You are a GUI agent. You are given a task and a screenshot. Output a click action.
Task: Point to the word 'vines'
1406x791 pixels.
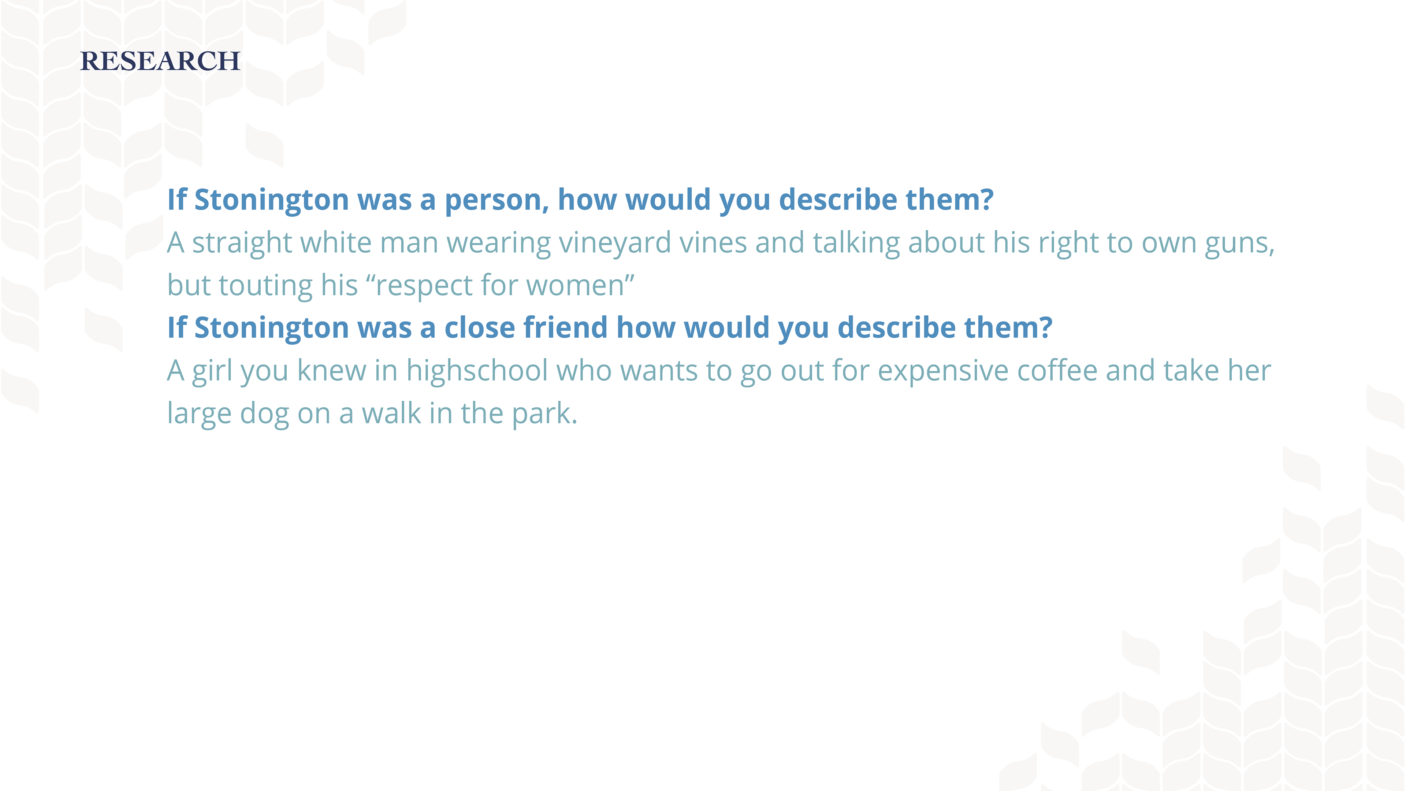(713, 242)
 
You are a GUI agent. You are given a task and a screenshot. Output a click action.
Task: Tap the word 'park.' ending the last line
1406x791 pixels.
(544, 414)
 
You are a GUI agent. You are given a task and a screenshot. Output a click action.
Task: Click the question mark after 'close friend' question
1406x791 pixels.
(1045, 327)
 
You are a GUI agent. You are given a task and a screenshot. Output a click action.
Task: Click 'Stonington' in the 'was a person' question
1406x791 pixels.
(272, 200)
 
